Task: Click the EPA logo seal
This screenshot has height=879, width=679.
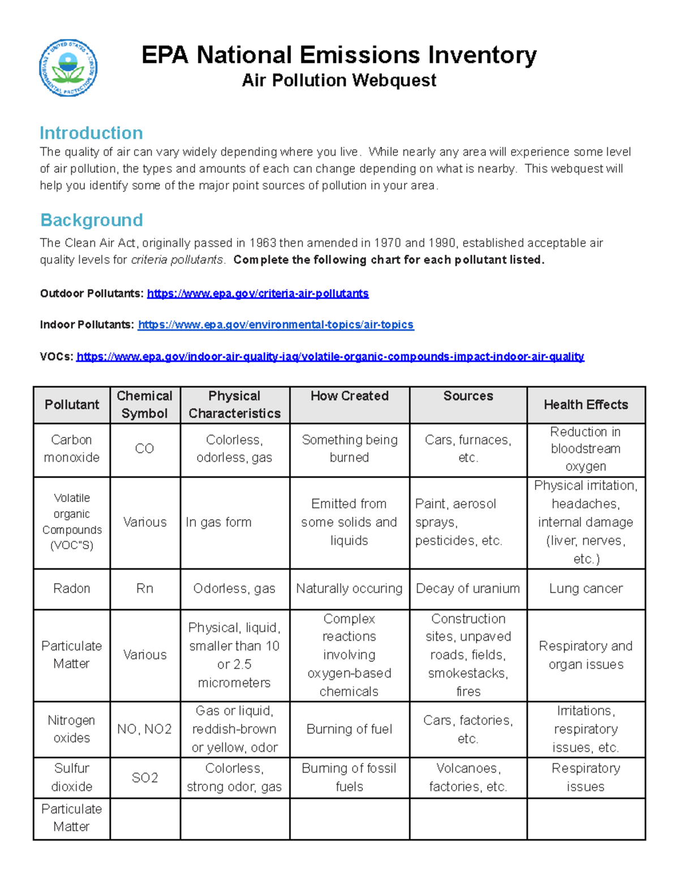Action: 68,67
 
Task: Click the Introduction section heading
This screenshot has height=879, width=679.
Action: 91,133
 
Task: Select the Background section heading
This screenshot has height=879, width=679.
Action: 92,220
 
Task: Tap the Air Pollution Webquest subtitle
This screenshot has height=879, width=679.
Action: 339,80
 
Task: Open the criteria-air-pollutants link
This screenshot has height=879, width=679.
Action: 257,293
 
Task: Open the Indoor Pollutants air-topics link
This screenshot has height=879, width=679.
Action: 276,324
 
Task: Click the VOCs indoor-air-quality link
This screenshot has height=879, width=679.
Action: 330,356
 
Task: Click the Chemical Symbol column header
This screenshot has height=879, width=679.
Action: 145,404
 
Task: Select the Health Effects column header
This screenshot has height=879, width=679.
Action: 586,404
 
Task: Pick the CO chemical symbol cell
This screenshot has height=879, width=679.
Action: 145,448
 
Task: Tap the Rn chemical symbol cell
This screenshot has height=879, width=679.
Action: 145,588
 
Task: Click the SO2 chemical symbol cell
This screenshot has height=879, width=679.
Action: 145,777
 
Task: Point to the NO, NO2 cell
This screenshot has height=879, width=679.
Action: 145,729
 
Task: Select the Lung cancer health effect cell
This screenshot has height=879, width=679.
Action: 586,588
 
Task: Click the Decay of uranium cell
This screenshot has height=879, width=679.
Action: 468,588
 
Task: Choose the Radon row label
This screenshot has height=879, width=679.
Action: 72,588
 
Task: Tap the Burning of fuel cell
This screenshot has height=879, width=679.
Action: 349,729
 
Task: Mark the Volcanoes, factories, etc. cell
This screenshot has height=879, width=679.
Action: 468,777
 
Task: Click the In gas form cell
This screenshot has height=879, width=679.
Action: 219,522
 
